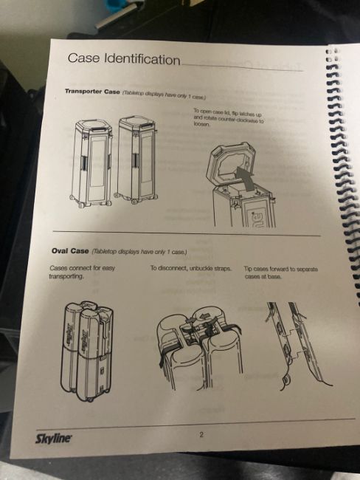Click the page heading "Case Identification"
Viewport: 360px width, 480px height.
[124, 58]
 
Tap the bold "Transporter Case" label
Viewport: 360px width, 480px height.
[92, 92]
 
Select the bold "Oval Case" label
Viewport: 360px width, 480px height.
[70, 251]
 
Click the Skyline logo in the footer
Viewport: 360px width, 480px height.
[54, 439]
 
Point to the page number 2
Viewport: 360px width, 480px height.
[201, 434]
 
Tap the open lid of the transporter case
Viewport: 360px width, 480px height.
[233, 164]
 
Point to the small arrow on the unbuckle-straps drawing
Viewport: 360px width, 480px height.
[204, 315]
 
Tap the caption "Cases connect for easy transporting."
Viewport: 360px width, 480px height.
[82, 272]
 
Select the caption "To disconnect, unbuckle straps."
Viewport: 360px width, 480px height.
[190, 269]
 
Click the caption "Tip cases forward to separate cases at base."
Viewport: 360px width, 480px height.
[281, 272]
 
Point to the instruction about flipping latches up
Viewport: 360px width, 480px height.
[228, 117]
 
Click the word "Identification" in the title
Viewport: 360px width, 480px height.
[142, 59]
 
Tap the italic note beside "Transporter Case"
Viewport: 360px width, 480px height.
[164, 95]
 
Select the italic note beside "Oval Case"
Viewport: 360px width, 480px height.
[139, 252]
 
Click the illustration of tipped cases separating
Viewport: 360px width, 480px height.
[298, 345]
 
